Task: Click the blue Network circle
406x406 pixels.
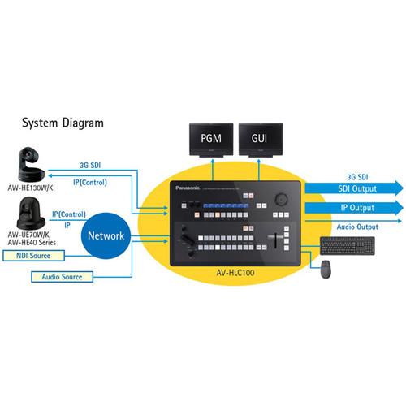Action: [x=106, y=235]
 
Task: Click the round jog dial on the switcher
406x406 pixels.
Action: [x=281, y=197]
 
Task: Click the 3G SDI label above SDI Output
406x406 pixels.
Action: [x=346, y=175]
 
